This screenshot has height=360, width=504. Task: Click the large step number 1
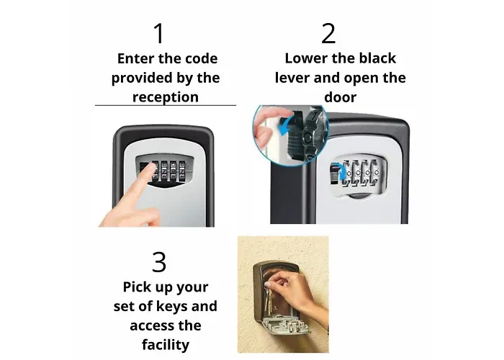coord(159,33)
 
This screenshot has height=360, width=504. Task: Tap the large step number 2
coord(328,33)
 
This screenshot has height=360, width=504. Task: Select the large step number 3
coord(159,262)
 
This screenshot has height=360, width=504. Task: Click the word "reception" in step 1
coord(166,97)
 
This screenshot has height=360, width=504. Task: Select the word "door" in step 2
coord(341,97)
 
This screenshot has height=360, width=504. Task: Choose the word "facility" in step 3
coord(166,345)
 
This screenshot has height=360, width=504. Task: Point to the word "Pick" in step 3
coord(138,287)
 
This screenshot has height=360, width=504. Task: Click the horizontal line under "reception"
coord(166,105)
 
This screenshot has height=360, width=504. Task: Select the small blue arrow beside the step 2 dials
coord(342,171)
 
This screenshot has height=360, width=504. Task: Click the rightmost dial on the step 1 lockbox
coord(182,170)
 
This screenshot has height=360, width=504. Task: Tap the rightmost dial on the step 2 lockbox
coord(375,173)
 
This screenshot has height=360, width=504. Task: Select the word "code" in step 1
coord(203,58)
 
